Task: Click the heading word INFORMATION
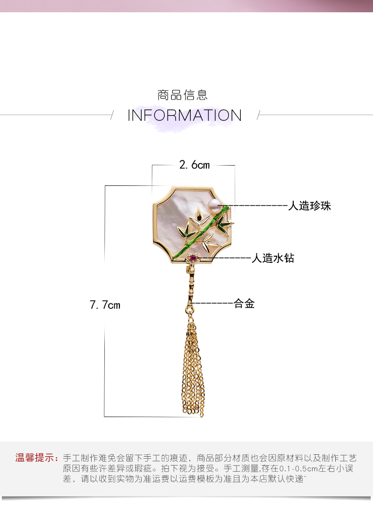[185, 115]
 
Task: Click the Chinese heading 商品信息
[182, 95]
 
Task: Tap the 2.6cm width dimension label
[194, 165]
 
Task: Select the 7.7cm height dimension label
[105, 305]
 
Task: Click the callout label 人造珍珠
[310, 206]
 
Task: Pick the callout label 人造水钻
[272, 258]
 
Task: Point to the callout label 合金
[244, 304]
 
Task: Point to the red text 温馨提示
[36, 458]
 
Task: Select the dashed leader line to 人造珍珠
[257, 206]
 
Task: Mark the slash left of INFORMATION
[112, 115]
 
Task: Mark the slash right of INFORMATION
[258, 115]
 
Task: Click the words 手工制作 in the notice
[78, 458]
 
